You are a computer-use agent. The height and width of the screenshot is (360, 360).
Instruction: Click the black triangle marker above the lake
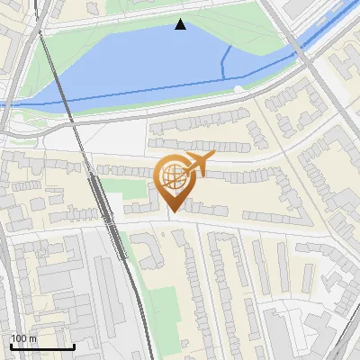(181, 24)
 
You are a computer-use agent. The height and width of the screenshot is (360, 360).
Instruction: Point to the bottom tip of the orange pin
(174, 211)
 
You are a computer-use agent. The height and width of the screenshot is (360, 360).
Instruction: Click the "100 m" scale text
(22, 338)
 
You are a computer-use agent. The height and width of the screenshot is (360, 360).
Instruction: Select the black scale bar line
(42, 346)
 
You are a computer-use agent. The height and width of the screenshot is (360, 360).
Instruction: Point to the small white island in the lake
(237, 88)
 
